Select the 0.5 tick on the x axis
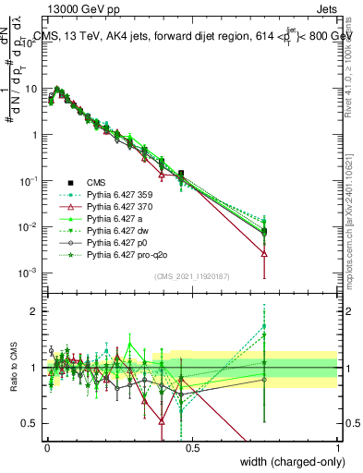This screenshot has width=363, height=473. tap(192, 445)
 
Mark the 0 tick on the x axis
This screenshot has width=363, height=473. tap(47, 445)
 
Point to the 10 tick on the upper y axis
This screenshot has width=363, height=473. tap(33, 89)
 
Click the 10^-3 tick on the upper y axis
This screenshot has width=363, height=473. tap(30, 273)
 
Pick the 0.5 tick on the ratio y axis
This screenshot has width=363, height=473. tap(33, 424)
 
